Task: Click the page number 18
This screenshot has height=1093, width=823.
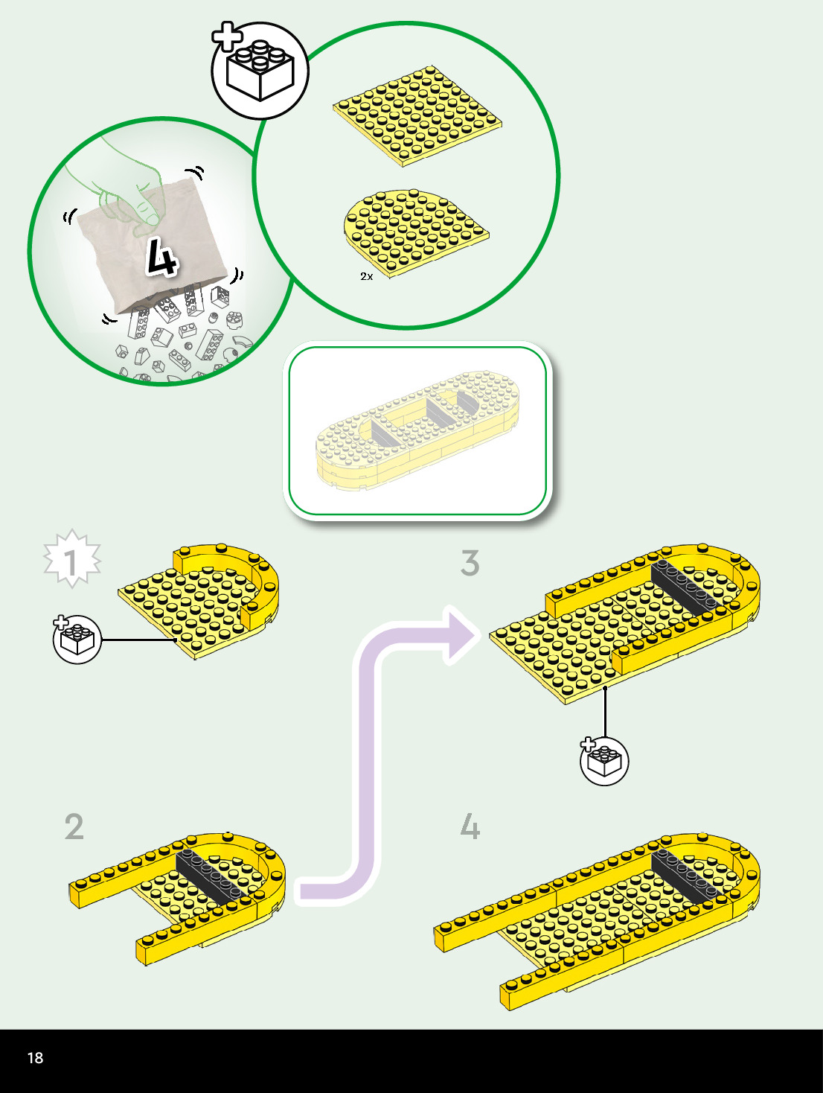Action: pos(35,1058)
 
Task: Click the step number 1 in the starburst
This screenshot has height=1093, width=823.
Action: pos(71,562)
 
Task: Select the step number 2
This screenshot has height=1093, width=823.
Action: pos(74,827)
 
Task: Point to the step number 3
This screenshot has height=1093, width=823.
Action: pos(470,564)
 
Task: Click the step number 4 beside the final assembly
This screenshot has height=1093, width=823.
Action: pos(470,827)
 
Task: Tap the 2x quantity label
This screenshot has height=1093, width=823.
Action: pos(366,276)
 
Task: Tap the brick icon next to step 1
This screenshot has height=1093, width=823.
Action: pos(77,639)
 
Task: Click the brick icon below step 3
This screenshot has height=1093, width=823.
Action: pos(604,760)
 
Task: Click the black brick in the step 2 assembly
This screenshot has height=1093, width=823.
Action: pos(211,875)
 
